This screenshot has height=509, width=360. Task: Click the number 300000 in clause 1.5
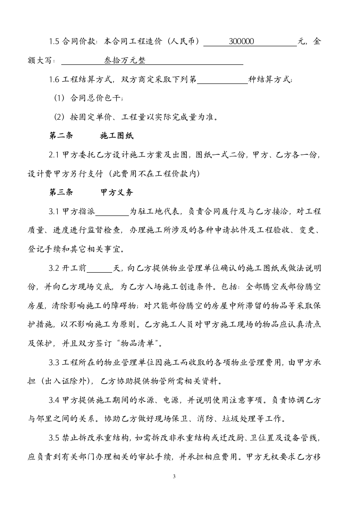point(242,41)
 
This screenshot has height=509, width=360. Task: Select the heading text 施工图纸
point(117,136)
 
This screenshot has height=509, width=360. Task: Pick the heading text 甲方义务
point(117,192)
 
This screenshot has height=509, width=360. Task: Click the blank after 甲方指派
point(112,211)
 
